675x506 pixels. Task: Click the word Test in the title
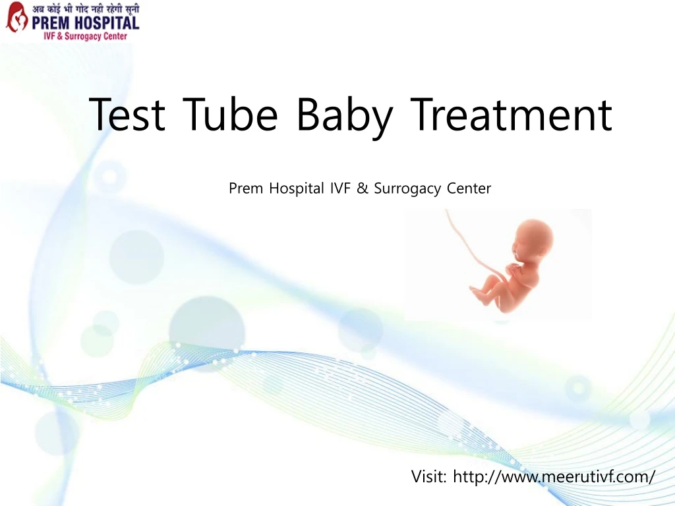pyautogui.click(x=127, y=114)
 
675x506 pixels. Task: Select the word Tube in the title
pyautogui.click(x=230, y=113)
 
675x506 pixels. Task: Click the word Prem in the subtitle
pyautogui.click(x=245, y=188)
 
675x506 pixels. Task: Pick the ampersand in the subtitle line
pyautogui.click(x=363, y=188)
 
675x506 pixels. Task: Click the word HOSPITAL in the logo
pyautogui.click(x=105, y=23)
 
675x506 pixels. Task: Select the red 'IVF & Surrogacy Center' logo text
pyautogui.click(x=85, y=36)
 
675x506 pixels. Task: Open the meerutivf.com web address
pyautogui.click(x=554, y=477)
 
